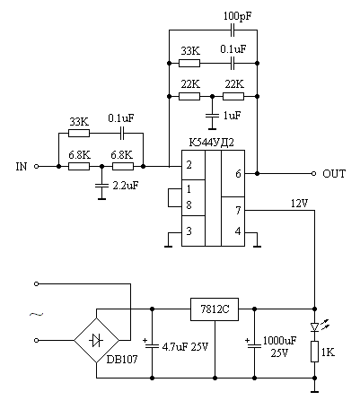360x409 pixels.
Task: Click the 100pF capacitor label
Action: tap(238, 16)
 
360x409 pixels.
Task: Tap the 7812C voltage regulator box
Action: tap(215, 309)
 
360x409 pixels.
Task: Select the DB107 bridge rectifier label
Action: tap(122, 359)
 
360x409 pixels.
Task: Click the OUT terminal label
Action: tap(334, 174)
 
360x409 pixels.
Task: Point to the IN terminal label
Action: tap(22, 167)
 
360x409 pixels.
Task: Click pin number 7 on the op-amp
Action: tap(238, 211)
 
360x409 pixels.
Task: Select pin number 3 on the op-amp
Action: tap(189, 231)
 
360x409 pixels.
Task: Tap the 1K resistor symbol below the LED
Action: tap(314, 352)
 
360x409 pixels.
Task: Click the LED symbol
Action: tap(314, 326)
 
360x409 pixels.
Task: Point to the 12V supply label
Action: tap(299, 204)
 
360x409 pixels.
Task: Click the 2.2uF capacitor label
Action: tap(126, 186)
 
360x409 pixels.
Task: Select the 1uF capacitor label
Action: tap(232, 116)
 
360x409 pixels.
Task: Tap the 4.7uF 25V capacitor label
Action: tap(185, 347)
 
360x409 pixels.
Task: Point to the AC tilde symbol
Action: tap(36, 314)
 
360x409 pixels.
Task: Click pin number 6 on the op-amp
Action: tap(238, 174)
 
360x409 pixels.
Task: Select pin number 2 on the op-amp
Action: tap(189, 165)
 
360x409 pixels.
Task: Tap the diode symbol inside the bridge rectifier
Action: tap(96, 340)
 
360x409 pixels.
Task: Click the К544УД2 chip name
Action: tap(211, 143)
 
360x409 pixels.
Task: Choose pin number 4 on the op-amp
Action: tap(238, 231)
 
